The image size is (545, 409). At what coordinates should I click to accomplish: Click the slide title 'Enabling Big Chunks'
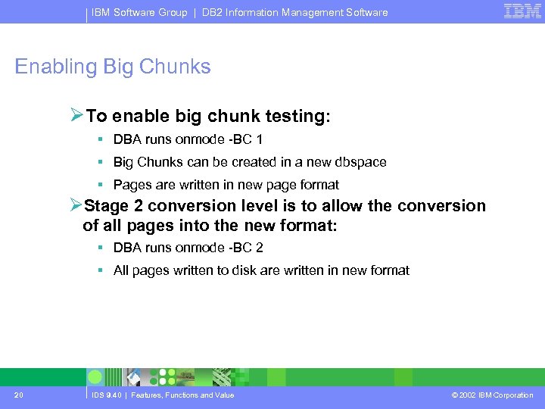click(113, 67)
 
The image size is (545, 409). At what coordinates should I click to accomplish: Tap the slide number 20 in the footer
click(18, 395)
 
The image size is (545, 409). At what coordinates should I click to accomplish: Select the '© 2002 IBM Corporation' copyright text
click(492, 395)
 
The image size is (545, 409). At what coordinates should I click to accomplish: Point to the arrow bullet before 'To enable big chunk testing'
click(76, 116)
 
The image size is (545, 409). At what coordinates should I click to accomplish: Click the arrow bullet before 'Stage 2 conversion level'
click(75, 206)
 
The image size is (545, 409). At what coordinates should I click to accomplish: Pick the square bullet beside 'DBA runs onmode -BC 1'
click(100, 139)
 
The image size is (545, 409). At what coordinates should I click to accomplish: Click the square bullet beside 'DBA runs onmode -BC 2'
click(100, 248)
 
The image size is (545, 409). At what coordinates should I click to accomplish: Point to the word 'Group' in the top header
click(173, 12)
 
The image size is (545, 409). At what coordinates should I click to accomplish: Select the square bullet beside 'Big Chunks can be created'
click(100, 162)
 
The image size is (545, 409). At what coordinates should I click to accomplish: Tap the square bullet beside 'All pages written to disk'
click(100, 270)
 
